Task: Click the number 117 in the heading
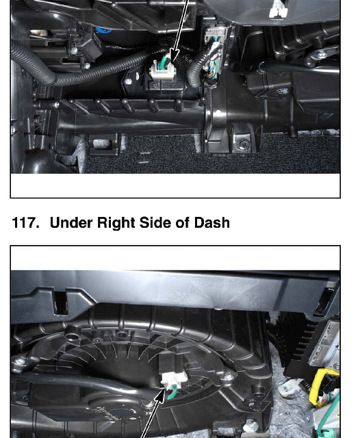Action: click(x=25, y=223)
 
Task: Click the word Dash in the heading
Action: click(x=211, y=223)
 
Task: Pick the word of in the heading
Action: click(x=182, y=223)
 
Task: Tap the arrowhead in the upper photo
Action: click(x=175, y=55)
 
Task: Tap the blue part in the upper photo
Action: click(x=103, y=30)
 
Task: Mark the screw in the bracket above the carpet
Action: click(x=240, y=144)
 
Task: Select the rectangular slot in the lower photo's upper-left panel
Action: click(x=61, y=303)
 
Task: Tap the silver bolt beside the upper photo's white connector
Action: click(x=128, y=81)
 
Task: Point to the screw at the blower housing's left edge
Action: click(x=19, y=362)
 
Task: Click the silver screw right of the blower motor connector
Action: click(x=229, y=377)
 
